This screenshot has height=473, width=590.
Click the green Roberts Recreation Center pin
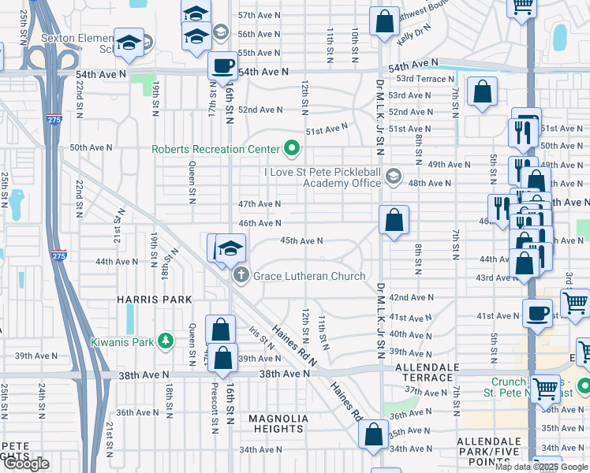pos(292,148)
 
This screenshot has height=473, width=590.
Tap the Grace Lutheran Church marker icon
pos(241,276)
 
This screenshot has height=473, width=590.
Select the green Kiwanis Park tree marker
pos(165,341)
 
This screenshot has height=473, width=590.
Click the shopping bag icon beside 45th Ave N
pos(394,220)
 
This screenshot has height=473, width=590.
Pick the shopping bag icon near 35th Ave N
pos(373,434)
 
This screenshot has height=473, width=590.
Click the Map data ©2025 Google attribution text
pos(540,467)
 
